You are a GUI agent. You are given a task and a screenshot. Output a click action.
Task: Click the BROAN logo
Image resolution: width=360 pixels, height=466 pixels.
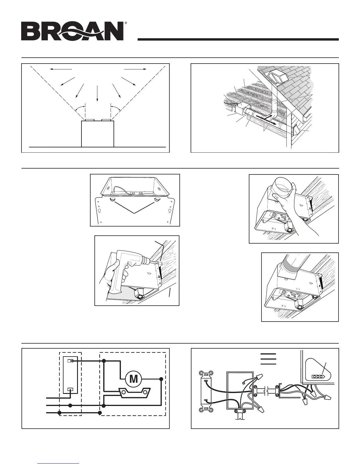point(72,31)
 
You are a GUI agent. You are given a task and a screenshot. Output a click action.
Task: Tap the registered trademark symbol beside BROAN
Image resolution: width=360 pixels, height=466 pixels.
point(126,23)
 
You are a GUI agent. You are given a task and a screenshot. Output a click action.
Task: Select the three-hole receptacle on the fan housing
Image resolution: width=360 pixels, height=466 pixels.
point(317,376)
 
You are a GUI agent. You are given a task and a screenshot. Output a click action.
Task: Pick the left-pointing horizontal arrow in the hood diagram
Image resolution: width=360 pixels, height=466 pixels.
point(61,69)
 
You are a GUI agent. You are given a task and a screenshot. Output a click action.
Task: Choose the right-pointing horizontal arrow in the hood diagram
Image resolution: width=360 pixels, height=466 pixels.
point(135,69)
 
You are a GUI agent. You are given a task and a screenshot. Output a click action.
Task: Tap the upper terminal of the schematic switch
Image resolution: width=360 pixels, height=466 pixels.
point(70,361)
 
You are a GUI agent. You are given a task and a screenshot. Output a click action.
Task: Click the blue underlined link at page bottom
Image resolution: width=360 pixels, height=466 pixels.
point(59,463)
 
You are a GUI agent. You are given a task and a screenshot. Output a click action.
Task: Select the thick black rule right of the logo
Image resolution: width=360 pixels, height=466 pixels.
point(238,39)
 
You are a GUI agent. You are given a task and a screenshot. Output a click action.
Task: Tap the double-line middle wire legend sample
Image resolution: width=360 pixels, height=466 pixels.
point(268,359)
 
